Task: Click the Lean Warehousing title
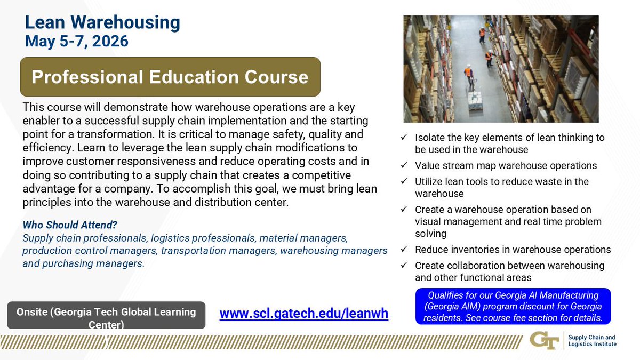[102, 22]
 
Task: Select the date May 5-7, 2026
[77, 41]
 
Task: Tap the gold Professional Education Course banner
[170, 77]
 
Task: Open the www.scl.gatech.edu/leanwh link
[303, 314]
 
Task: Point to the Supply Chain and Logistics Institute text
[592, 340]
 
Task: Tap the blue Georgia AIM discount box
[513, 306]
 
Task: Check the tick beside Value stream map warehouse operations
[405, 166]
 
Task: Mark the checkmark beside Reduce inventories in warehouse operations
[405, 250]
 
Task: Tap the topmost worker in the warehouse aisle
[482, 34]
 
